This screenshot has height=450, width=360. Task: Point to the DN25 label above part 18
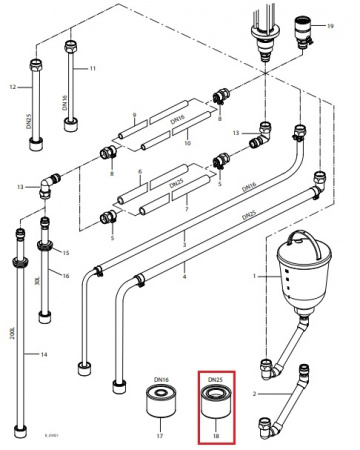214,381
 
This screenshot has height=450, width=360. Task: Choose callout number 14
42,355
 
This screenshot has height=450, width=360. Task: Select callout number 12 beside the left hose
15,87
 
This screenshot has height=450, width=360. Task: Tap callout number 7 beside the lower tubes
187,213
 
